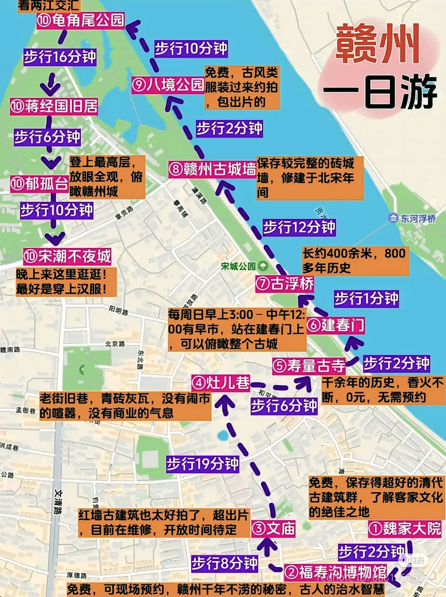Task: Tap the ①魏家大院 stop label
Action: (405, 528)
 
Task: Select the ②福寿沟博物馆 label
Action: (336, 572)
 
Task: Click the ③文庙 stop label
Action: (273, 528)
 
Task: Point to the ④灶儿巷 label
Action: (221, 383)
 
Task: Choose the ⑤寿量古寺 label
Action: (309, 366)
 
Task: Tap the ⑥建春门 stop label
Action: (336, 325)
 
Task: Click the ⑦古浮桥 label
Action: (285, 284)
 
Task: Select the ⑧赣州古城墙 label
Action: (212, 169)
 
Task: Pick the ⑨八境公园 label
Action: (168, 85)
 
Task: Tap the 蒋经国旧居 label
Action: (54, 106)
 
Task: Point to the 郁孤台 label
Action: (40, 184)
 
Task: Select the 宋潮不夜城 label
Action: (67, 256)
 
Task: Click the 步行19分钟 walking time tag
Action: (203, 464)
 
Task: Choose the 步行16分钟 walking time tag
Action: (60, 57)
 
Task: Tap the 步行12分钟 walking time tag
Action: (299, 227)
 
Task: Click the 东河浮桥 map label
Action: (413, 218)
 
